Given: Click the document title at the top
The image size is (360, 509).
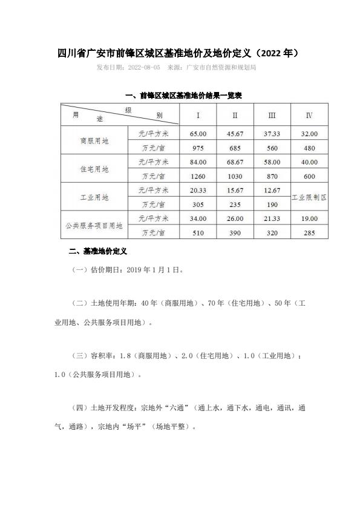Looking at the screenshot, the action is (179, 53).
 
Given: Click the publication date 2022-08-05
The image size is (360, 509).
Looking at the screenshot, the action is (140, 67).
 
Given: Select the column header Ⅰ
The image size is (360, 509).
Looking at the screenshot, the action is (198, 114).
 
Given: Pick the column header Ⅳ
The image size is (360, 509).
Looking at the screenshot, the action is (309, 114).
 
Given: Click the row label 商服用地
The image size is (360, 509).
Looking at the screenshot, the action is (94, 140).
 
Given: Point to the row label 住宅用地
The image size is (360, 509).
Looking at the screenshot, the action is (94, 169).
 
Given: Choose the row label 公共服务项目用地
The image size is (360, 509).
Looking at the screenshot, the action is (94, 226).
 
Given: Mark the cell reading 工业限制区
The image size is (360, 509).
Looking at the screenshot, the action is (309, 197).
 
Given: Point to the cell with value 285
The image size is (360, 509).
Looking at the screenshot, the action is (309, 232).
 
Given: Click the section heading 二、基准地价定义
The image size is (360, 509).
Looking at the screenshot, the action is (96, 250).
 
